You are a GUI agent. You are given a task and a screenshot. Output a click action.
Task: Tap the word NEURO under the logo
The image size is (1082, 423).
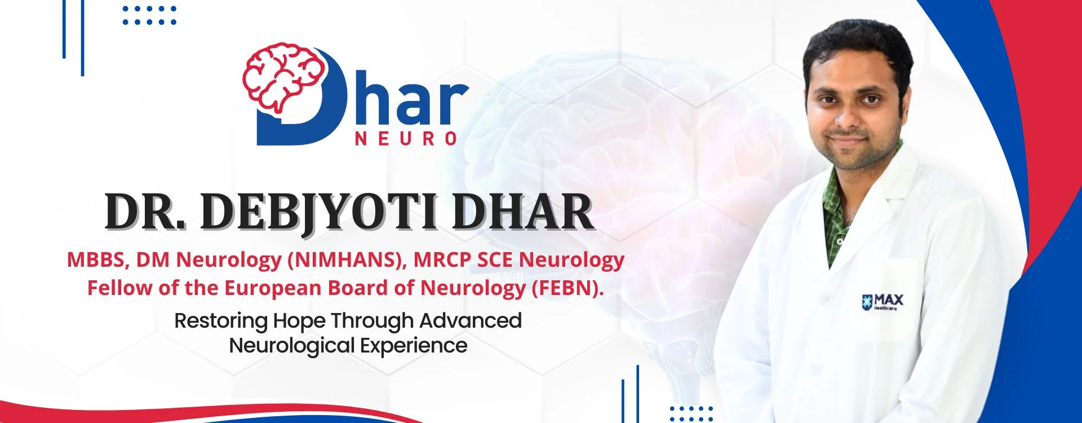click(406, 139)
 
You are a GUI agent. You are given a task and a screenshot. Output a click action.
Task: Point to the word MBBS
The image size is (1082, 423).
click(99, 259)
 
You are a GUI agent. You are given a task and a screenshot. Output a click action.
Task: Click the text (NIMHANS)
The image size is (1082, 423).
click(347, 259)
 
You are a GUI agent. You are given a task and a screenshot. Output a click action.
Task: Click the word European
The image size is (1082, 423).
click(273, 289)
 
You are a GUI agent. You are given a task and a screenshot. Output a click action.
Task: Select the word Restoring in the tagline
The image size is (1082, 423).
click(221, 321)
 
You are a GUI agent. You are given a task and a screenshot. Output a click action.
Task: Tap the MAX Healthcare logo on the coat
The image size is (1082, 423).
click(883, 302)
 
